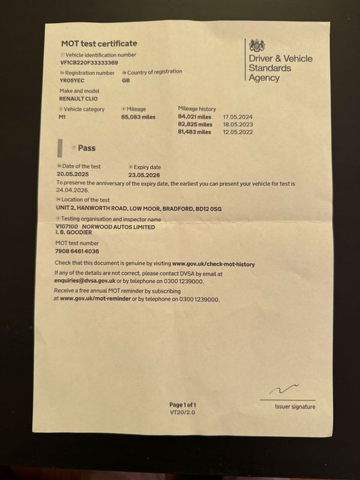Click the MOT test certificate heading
[99, 43]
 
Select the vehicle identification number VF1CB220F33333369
[89, 62]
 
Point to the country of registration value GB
[126, 80]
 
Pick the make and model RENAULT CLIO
[78, 98]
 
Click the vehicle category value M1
[62, 116]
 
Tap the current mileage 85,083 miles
[138, 116]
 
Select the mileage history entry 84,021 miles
[195, 116]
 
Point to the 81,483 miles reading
[195, 131]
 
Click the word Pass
[86, 148]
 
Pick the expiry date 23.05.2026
[146, 174]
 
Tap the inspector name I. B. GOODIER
[77, 233]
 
